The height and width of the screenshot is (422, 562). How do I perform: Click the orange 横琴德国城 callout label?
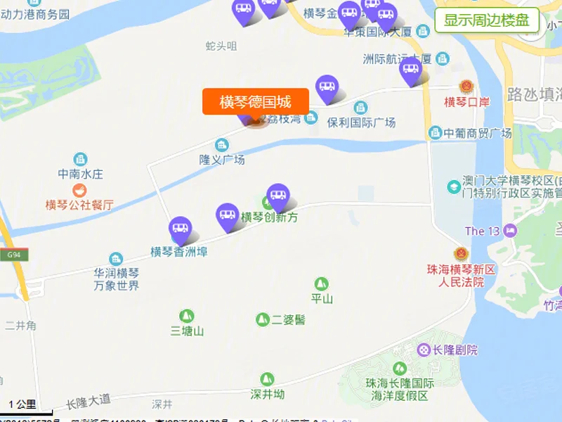tap(255, 101)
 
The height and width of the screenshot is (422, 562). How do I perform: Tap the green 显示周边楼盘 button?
tap(487, 20)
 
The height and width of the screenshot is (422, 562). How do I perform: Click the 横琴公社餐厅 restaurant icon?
tap(79, 190)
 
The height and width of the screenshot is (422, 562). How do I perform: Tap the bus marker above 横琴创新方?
tap(278, 196)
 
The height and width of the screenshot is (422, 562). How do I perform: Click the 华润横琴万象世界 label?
tap(117, 279)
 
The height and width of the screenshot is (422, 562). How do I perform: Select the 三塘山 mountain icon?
tap(187, 316)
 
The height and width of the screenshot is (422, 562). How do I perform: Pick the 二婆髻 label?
tap(289, 319)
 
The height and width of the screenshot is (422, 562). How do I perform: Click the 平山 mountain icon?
tap(322, 283)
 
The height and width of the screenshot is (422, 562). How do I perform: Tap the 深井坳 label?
tap(268, 394)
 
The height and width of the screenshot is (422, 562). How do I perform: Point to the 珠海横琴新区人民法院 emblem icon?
tap(461, 253)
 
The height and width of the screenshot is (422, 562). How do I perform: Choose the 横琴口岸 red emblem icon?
tap(464, 87)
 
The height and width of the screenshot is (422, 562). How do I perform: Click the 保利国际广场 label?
tap(362, 122)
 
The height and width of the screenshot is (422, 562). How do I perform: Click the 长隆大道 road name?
tap(89, 402)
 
